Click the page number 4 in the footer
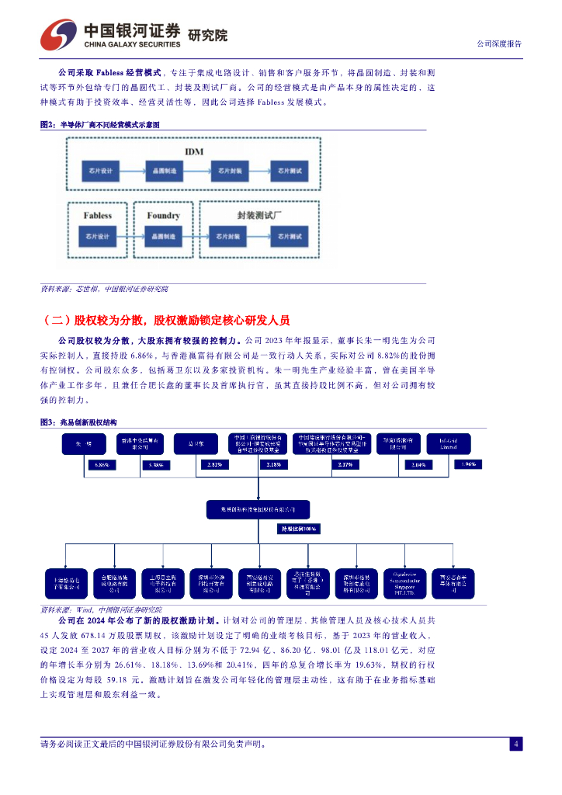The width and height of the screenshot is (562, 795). click(515, 744)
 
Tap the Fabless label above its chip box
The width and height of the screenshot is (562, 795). click(99, 215)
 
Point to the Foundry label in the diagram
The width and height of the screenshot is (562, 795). click(163, 215)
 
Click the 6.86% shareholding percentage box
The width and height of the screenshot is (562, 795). click(102, 464)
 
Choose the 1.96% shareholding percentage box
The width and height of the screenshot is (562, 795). click(468, 464)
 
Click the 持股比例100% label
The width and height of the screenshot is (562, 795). click(299, 528)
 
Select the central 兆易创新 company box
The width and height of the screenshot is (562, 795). click(258, 509)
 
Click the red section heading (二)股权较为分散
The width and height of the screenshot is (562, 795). click(168, 320)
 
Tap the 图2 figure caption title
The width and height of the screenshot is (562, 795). click(99, 124)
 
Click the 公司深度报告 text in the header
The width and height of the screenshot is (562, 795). click(498, 43)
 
